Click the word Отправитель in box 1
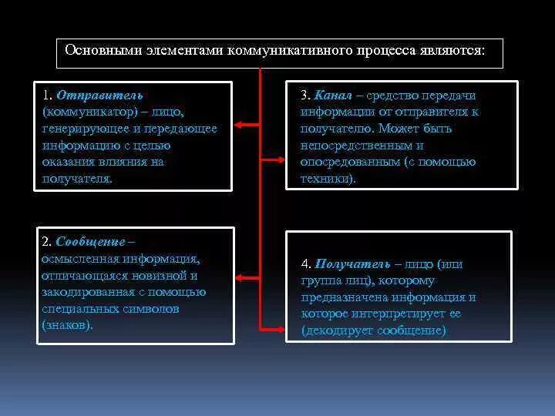pos(88,95)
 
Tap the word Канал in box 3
pos(333,96)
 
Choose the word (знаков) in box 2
pos(67,324)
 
